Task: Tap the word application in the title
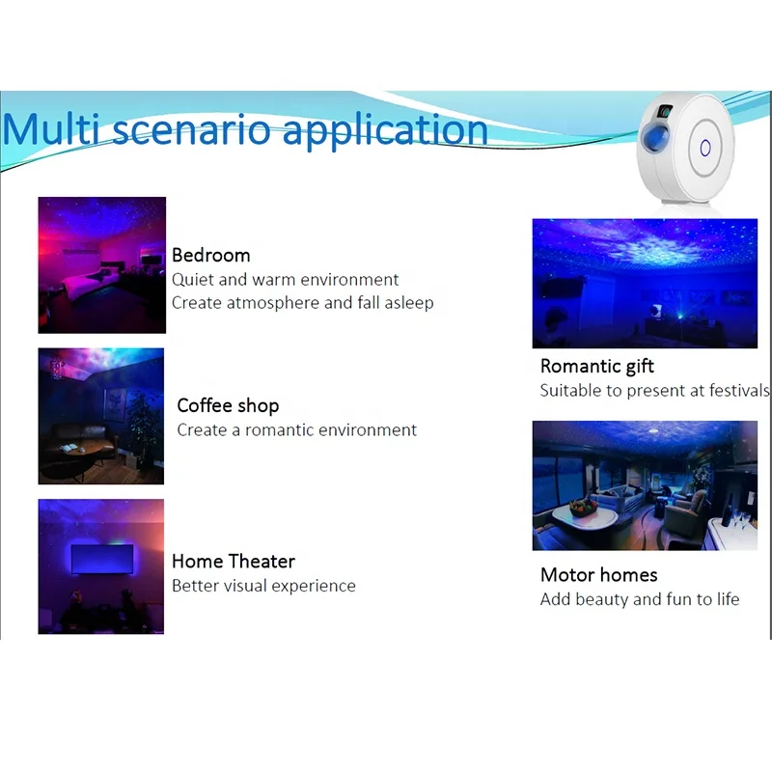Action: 385,131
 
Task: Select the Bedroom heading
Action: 210,255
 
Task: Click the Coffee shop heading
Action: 228,405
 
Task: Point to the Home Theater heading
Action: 234,562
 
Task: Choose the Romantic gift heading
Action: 596,367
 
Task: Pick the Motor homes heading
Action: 598,575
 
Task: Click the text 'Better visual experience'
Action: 263,586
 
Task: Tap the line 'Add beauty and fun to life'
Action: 640,599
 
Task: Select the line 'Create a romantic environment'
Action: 297,429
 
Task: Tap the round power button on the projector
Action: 705,148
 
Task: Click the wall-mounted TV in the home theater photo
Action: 102,560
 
